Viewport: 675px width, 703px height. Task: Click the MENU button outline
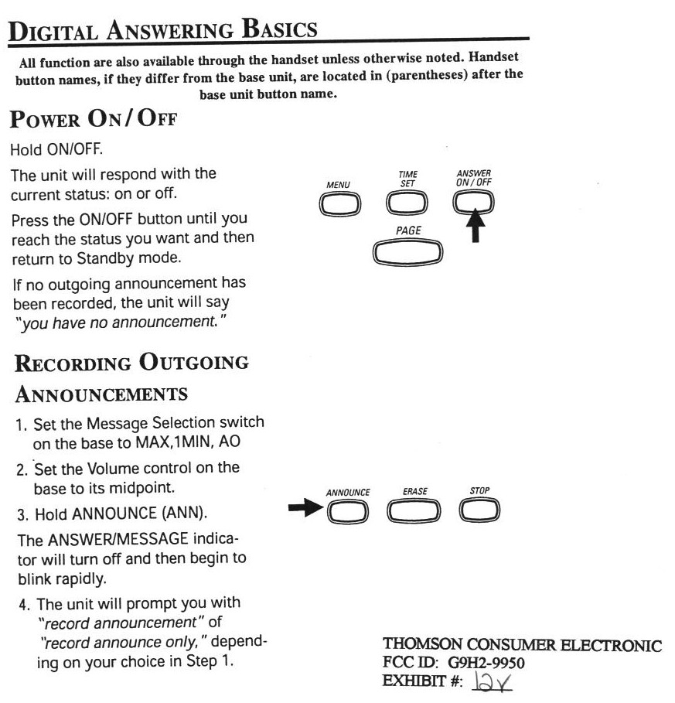[x=339, y=203]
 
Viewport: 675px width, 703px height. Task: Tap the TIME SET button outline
[x=407, y=203]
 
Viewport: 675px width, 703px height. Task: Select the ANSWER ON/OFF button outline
[x=474, y=203]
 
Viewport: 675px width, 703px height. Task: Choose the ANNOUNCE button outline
[x=347, y=510]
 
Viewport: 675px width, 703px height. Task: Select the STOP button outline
[x=479, y=510]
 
